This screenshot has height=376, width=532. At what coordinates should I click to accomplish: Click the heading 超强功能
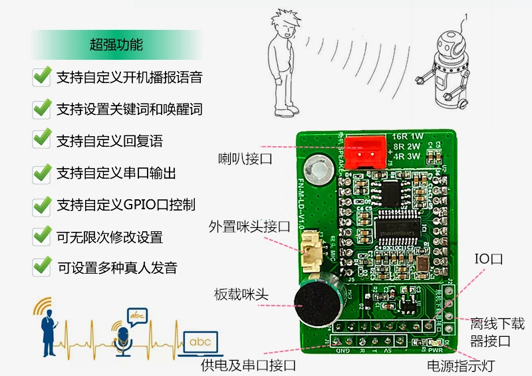pos(116,45)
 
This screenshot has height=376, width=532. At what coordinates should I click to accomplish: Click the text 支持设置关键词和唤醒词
pos(129,109)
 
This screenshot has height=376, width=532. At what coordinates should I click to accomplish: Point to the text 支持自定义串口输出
pos(116,173)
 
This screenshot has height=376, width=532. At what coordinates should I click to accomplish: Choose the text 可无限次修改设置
pos(110,237)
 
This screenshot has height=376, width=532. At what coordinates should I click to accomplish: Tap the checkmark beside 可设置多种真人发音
pos(42,267)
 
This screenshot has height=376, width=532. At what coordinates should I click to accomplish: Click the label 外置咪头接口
pos(249,227)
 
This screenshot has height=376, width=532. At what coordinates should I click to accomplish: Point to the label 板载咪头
pos(241,294)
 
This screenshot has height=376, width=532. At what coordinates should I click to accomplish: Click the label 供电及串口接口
pos(247,365)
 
